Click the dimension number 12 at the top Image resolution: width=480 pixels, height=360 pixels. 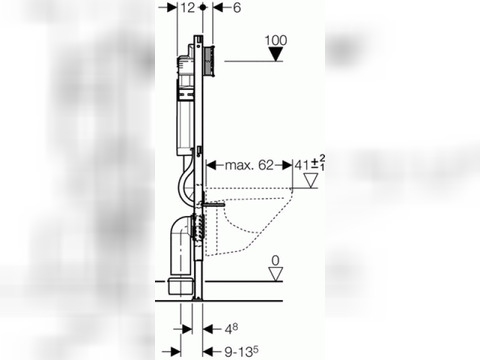pos(188,7)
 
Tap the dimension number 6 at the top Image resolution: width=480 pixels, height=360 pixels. pos(237,7)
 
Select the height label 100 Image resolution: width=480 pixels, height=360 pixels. pos(276,40)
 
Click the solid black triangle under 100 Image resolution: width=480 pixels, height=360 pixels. pos(276,54)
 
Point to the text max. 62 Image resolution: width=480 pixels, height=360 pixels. pos(249,165)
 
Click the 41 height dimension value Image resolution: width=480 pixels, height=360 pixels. pos(302,165)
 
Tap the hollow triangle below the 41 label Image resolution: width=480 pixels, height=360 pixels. pos(311,181)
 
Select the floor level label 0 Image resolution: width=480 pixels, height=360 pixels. pos(275,260)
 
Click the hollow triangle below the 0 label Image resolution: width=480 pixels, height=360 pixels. pos(276,274)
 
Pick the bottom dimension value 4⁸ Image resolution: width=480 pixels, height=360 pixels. pos(231,329)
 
